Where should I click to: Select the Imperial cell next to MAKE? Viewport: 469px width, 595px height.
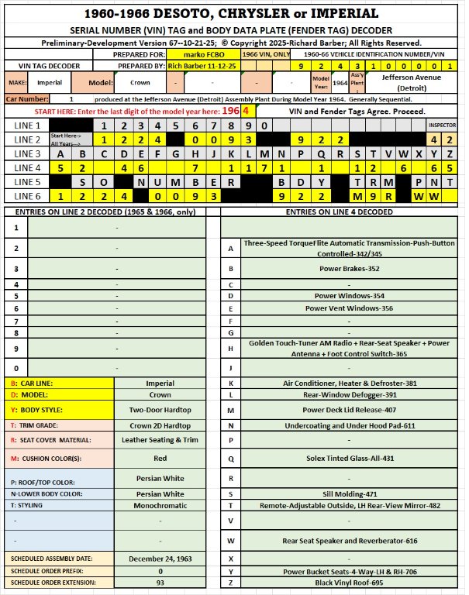tap(50, 83)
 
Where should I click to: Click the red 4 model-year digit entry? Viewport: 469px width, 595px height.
tap(246, 111)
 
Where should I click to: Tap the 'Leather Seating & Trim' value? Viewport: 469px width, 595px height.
tap(160, 439)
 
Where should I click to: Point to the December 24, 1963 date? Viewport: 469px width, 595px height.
tap(160, 558)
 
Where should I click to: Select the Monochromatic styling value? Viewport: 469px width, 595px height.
tap(160, 504)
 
